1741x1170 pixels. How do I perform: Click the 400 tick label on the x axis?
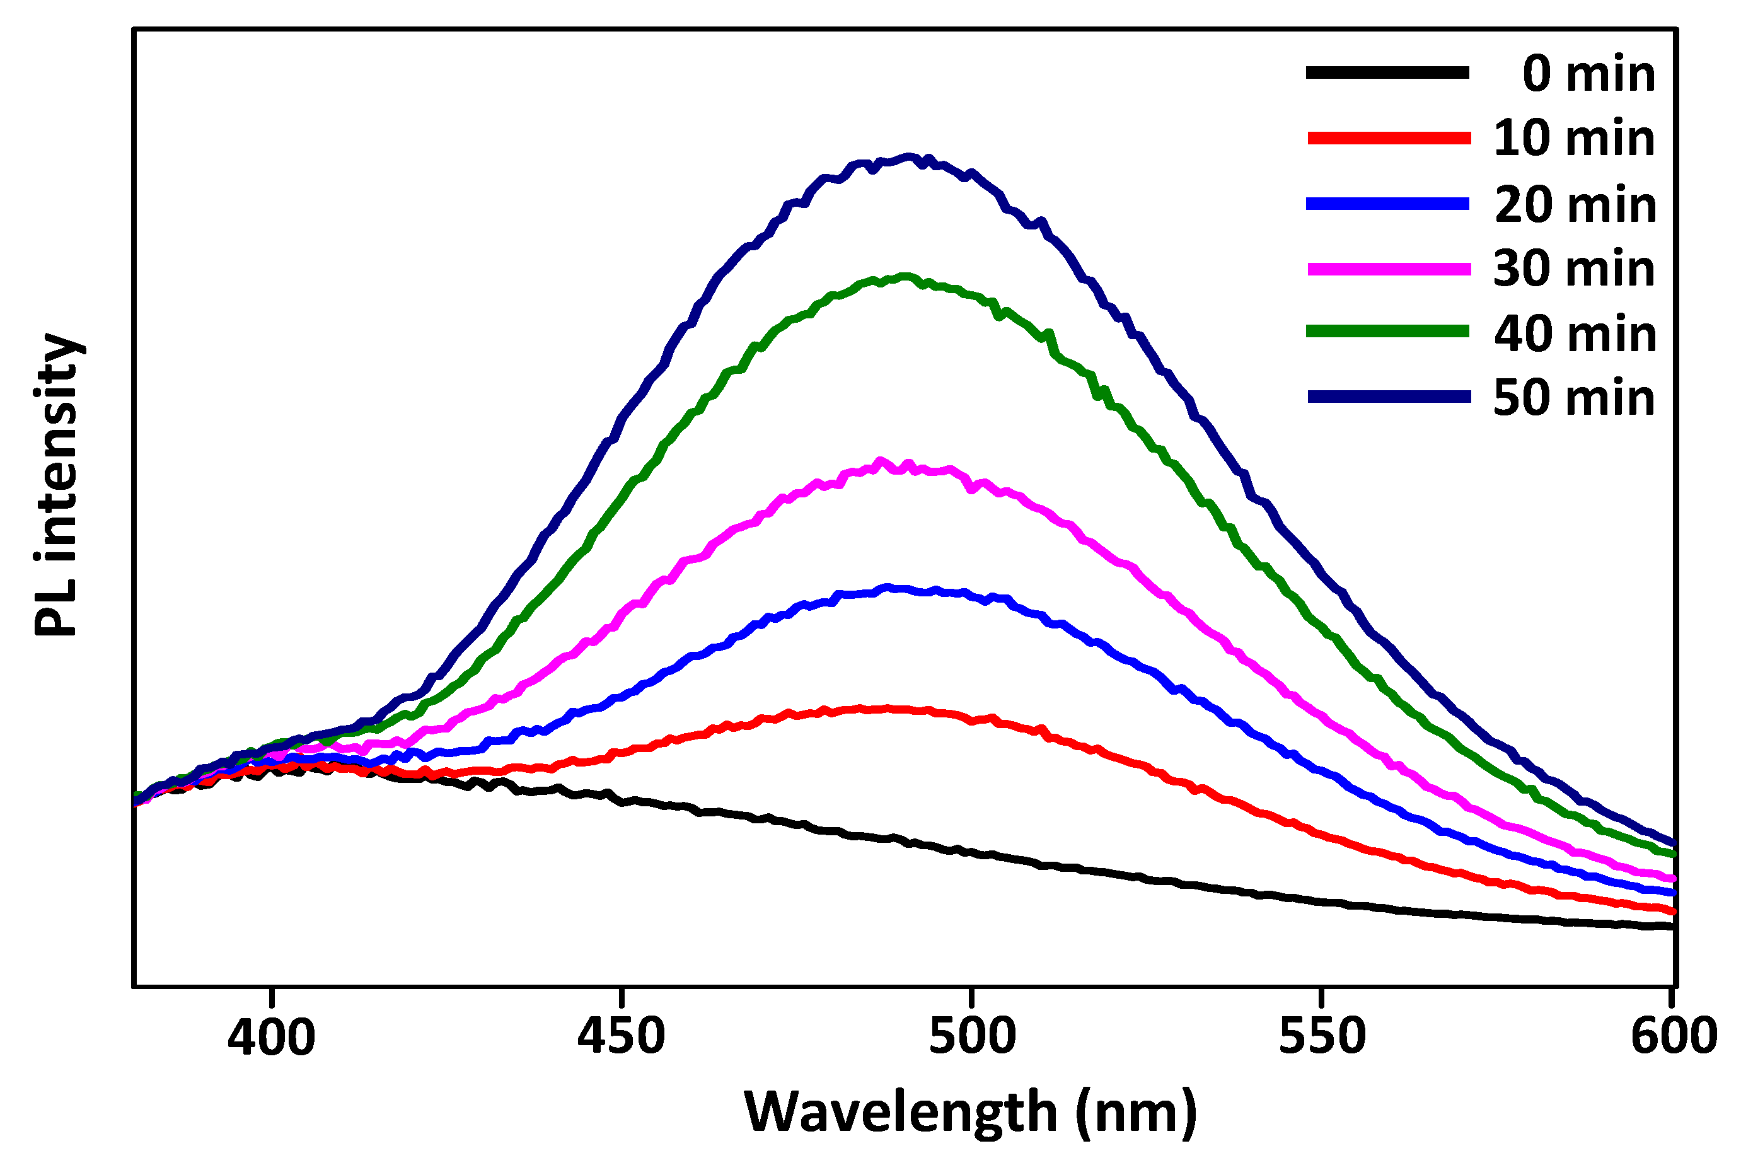point(272,1037)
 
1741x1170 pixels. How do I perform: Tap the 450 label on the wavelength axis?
point(621,1037)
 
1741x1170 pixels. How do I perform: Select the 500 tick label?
point(972,1037)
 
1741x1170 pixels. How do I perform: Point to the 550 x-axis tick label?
point(1322,1037)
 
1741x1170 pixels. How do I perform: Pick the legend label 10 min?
point(1574,139)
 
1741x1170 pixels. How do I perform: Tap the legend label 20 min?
point(1575,204)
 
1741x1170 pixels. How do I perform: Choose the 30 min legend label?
point(1574,269)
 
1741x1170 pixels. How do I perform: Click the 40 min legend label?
point(1575,333)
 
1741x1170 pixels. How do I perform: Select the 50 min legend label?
point(1574,398)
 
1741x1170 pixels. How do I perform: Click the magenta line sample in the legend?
point(1388,269)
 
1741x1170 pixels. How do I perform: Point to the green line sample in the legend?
point(1388,332)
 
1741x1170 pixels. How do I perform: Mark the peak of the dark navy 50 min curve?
point(908,157)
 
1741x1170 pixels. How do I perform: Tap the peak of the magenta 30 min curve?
point(881,461)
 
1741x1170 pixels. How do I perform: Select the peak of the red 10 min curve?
point(888,708)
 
